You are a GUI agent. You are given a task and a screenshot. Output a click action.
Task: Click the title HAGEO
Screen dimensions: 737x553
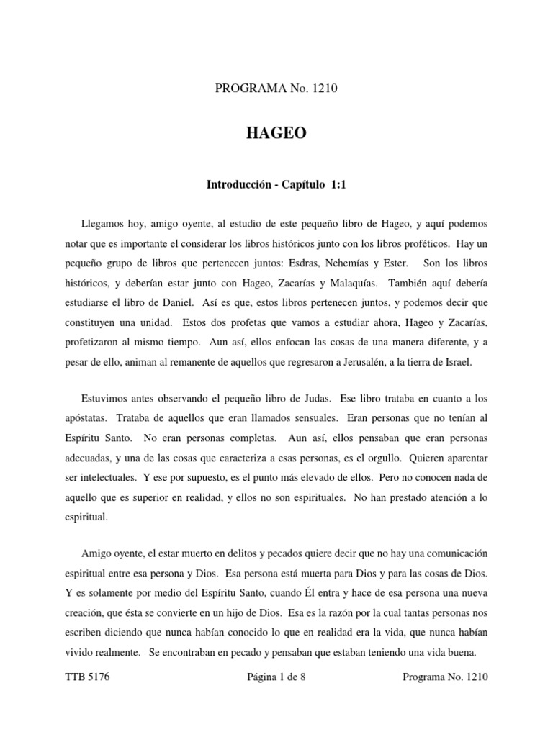276,134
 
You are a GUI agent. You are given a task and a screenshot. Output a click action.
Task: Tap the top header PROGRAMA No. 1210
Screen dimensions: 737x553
276,89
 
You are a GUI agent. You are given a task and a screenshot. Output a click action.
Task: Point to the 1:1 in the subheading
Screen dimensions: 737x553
338,185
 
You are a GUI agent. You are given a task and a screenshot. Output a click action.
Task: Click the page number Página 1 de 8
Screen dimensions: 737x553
276,677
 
